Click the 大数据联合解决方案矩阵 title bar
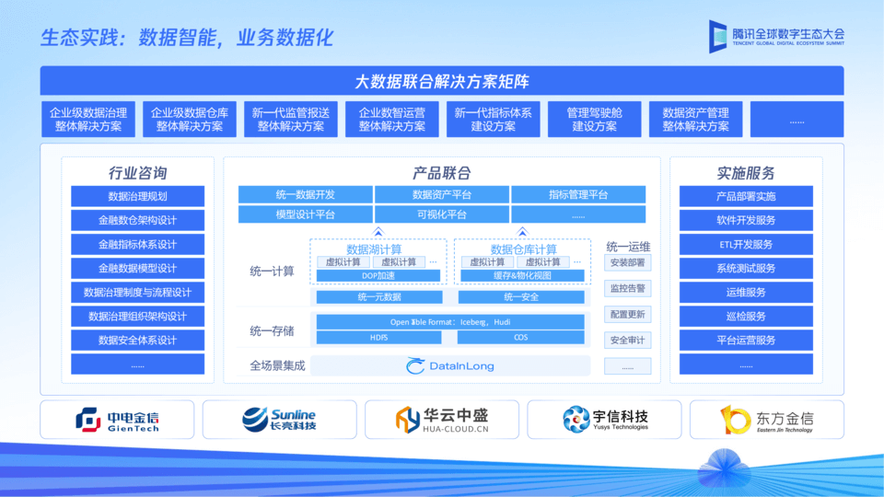(442, 81)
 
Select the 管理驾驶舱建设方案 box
(595, 120)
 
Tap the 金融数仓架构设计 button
(137, 221)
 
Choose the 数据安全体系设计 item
(137, 341)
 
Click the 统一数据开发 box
(305, 195)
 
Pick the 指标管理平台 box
(578, 195)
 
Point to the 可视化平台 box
(442, 214)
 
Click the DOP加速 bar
(378, 275)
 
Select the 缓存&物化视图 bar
(522, 275)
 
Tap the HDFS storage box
(379, 337)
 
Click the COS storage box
(521, 337)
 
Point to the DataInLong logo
(450, 365)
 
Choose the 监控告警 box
(627, 288)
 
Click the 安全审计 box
(627, 341)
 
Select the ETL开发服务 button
(746, 245)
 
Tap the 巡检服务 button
(746, 317)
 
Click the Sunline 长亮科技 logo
(279, 420)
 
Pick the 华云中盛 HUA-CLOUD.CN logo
(442, 420)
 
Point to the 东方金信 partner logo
(767, 420)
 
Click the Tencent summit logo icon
(718, 36)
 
